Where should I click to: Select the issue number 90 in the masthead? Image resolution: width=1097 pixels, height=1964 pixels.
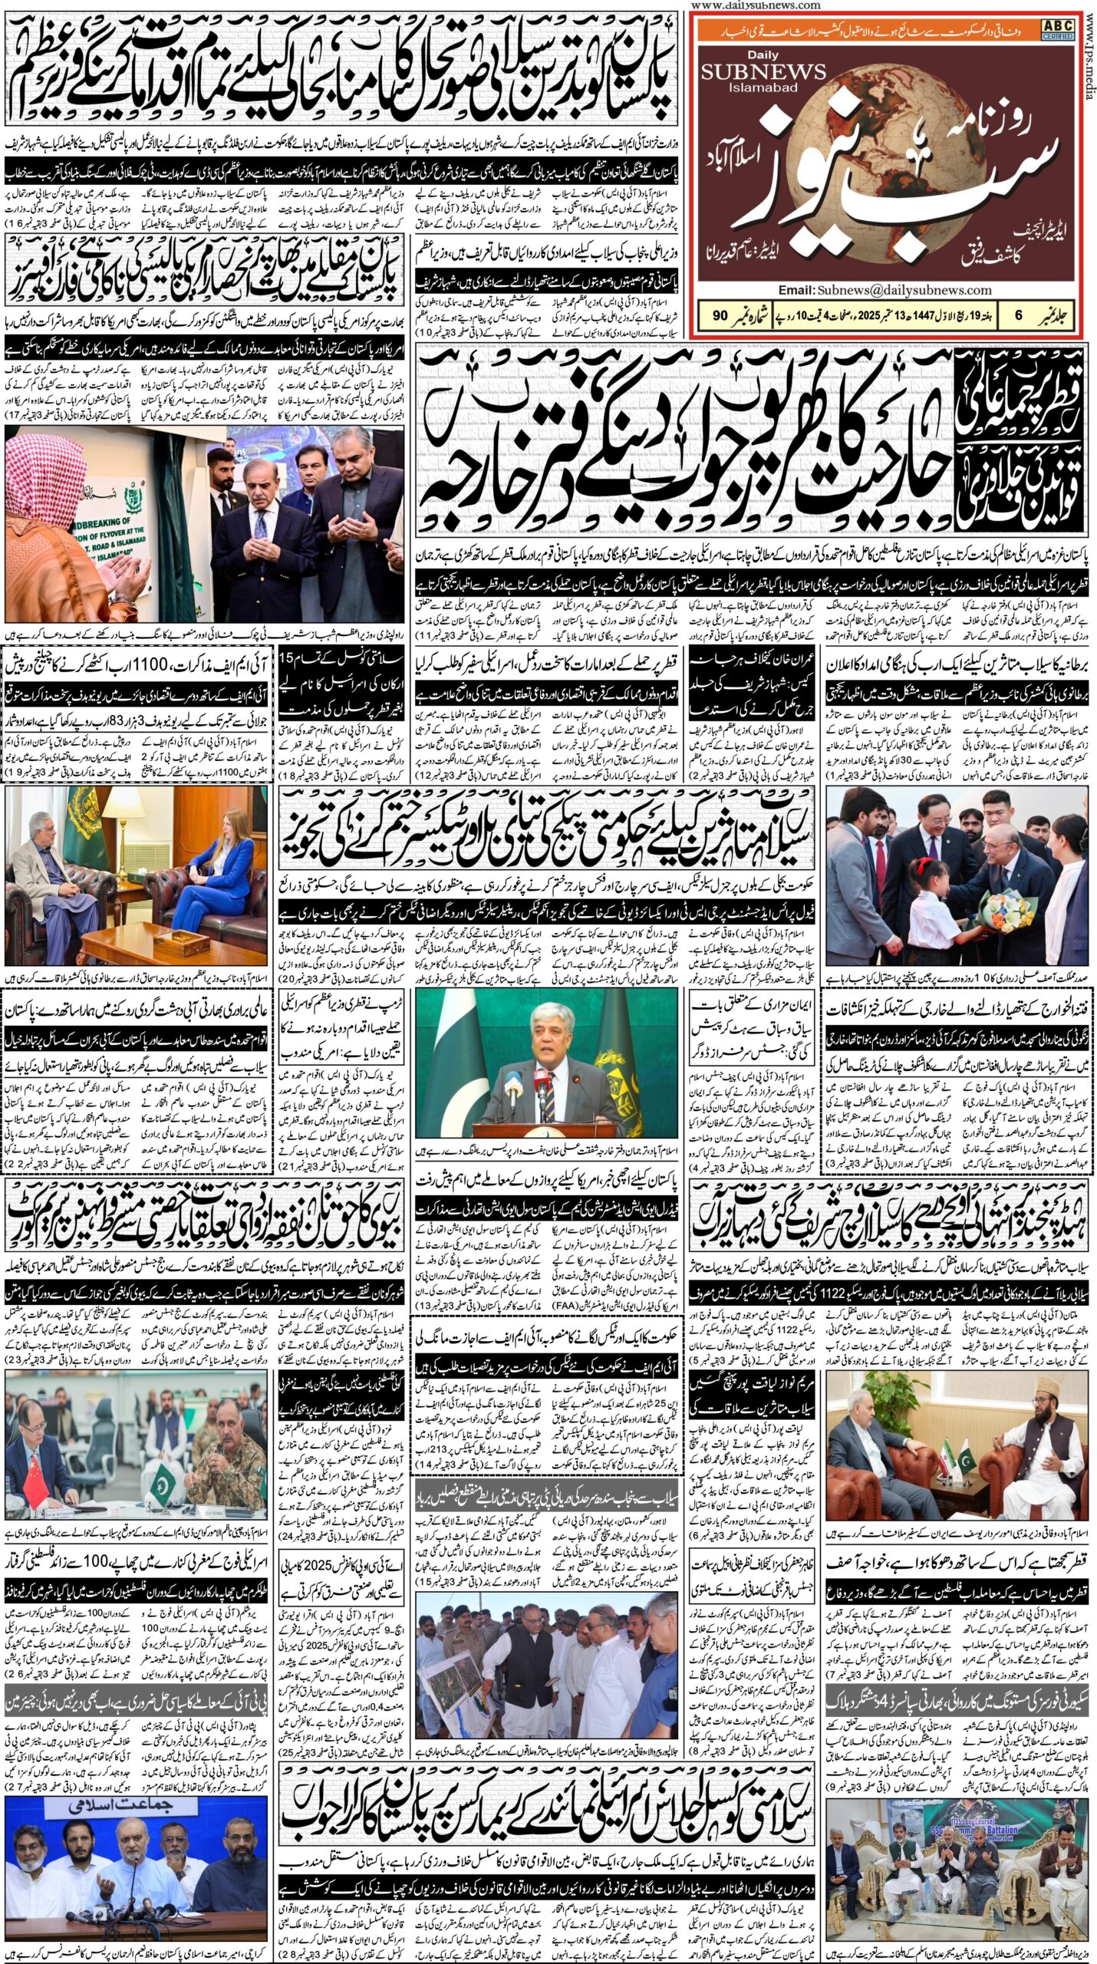pos(720,315)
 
